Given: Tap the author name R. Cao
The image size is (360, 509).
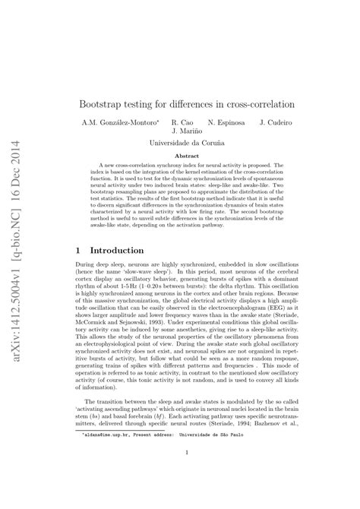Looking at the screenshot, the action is (183, 122).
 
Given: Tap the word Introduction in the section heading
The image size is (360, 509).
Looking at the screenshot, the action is (117, 250).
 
